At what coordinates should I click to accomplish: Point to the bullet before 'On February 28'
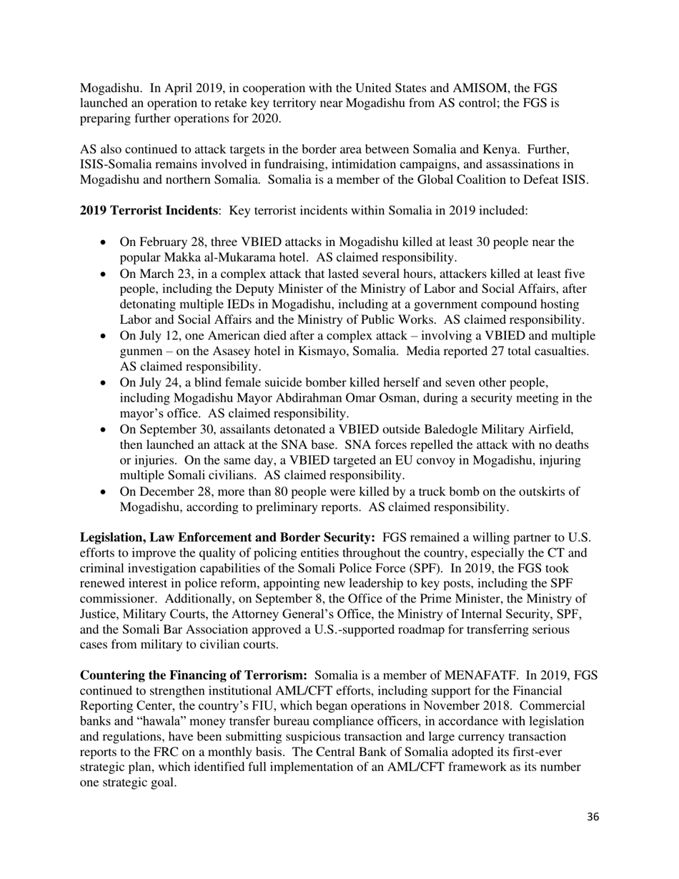(104, 243)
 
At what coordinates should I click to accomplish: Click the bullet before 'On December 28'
(104, 492)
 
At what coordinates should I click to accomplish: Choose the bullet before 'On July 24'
(104, 384)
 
